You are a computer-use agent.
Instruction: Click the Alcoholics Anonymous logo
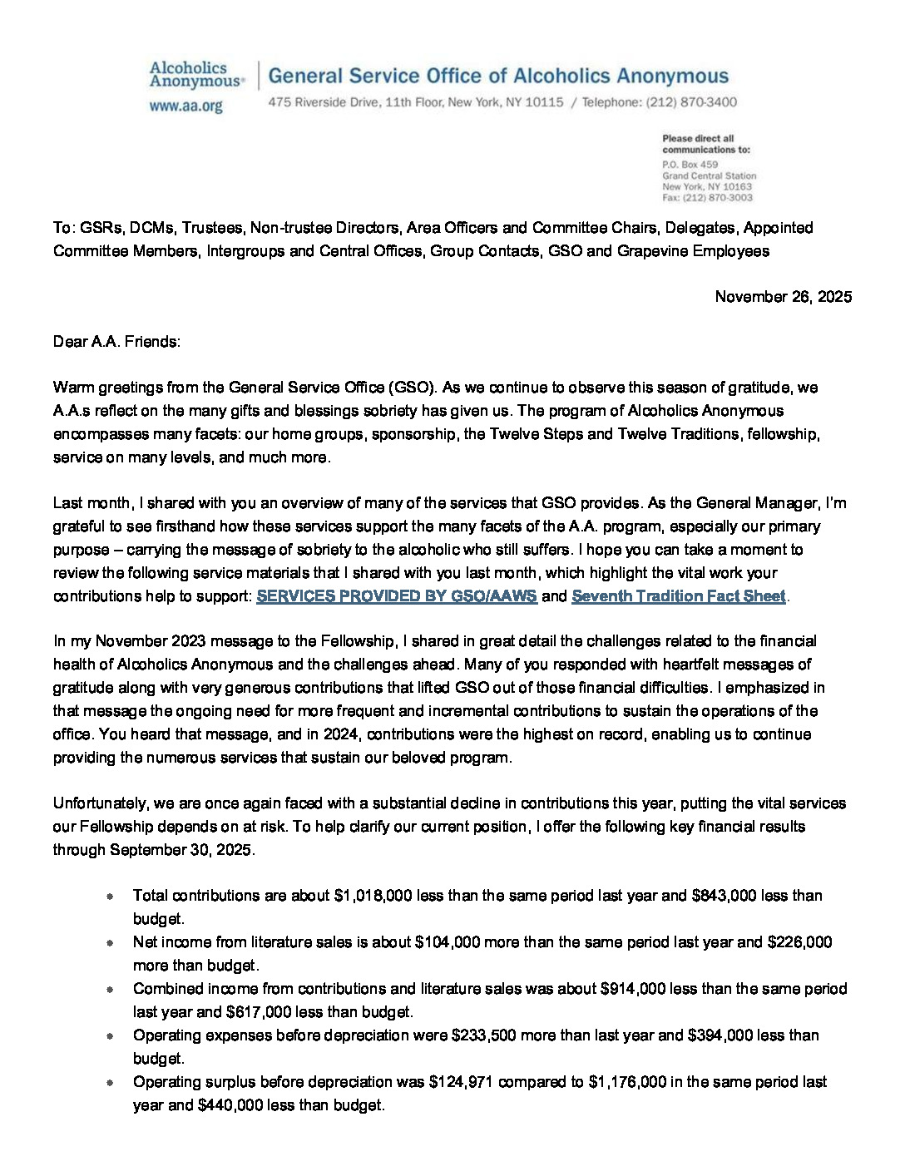pos(196,75)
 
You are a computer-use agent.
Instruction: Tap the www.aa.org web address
pos(185,106)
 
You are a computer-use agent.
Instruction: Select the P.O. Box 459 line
pos(690,165)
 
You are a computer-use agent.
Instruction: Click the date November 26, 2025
pos(783,297)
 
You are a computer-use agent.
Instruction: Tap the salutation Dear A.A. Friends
pos(116,341)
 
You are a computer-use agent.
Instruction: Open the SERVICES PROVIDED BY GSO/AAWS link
pos(397,596)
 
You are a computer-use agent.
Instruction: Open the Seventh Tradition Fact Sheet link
pos(678,596)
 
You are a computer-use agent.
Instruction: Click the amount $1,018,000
pos(373,896)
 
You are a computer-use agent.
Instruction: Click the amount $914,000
pos(633,989)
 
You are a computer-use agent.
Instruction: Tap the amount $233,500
pos(485,1035)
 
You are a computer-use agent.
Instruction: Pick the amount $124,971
pos(462,1082)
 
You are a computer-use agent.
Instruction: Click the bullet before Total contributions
pos(111,897)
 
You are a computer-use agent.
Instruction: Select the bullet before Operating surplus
pos(111,1083)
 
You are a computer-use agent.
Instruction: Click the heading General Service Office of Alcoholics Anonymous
pos(498,77)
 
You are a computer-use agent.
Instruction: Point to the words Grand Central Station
pos(709,176)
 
